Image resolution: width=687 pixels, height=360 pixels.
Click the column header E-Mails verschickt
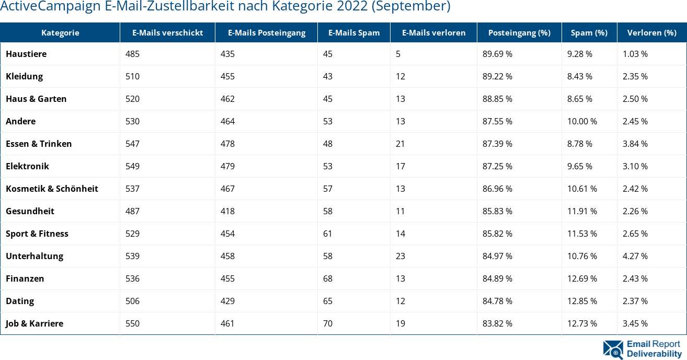(167, 32)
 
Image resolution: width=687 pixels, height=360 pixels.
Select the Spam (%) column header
(589, 32)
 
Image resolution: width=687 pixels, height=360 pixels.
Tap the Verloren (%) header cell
(651, 32)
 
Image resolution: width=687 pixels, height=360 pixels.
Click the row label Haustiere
(26, 54)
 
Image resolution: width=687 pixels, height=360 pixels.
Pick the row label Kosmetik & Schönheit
(52, 189)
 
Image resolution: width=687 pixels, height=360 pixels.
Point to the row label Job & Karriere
(35, 323)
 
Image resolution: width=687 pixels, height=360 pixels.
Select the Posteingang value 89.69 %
(497, 54)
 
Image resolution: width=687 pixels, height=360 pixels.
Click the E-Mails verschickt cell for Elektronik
(133, 166)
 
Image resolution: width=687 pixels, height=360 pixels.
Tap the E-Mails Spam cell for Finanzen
(328, 278)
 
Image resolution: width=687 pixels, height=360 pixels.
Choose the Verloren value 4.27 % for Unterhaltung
(635, 256)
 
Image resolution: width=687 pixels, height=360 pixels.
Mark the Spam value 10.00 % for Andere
(582, 121)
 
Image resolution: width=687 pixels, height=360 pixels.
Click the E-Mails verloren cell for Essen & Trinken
(400, 144)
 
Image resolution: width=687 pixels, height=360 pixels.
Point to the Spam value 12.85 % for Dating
(582, 301)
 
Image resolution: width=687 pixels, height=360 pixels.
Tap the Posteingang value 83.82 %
(497, 323)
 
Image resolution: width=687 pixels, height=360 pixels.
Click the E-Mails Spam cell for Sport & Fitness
(328, 234)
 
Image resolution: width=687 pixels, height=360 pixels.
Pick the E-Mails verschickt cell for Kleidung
(133, 76)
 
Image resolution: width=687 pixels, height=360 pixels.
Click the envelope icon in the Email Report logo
(613, 349)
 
